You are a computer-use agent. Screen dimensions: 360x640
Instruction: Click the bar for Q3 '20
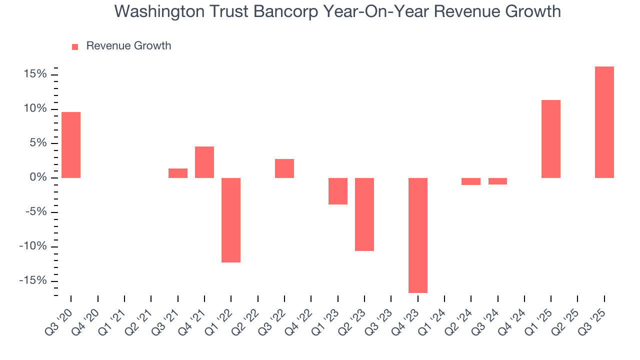(71, 145)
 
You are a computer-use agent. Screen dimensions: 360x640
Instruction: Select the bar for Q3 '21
(178, 173)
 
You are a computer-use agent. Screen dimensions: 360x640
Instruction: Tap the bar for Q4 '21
(204, 162)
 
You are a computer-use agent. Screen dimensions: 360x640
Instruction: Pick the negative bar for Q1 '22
(231, 220)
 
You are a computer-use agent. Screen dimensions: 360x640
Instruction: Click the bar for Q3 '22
(284, 168)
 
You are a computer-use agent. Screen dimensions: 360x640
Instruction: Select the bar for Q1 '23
(338, 191)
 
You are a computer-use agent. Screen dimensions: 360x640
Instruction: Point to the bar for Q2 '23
(364, 214)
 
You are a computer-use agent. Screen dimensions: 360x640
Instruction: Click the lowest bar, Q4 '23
(418, 235)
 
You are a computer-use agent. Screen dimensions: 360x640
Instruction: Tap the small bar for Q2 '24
(471, 181)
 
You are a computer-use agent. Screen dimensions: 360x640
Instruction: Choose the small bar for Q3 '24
(498, 181)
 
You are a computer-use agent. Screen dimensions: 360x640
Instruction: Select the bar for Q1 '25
(551, 139)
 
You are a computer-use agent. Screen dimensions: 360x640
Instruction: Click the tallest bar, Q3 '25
(604, 122)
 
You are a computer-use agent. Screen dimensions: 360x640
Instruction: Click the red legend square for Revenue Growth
(75, 47)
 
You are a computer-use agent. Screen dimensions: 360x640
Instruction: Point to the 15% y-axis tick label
(34, 74)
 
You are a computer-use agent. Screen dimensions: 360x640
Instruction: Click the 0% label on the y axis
(37, 178)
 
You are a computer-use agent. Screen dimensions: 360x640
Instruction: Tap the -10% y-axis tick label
(32, 246)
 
